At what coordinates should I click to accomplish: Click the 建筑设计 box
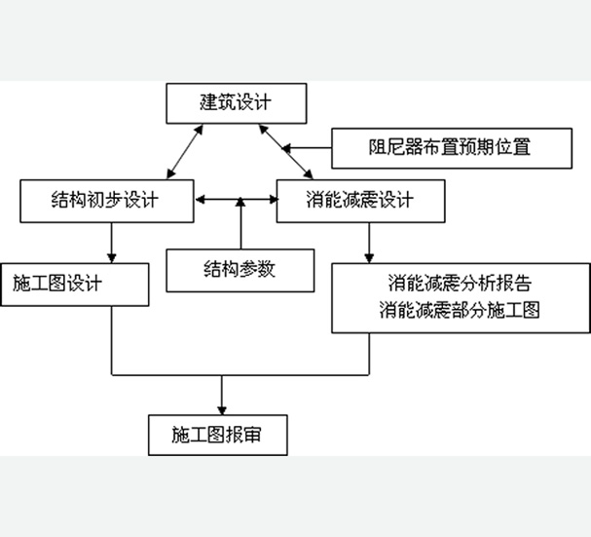[x=237, y=102]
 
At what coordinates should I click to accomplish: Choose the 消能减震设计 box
[x=359, y=201]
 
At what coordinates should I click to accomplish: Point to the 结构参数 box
[x=239, y=270]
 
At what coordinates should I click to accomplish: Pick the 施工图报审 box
[x=218, y=435]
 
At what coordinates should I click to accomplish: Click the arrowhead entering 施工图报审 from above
[x=223, y=408]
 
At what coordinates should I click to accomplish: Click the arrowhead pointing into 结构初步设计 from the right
[x=200, y=202]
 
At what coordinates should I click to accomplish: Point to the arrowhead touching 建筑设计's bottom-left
[x=198, y=128]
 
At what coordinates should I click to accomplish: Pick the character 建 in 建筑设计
[x=206, y=102]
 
